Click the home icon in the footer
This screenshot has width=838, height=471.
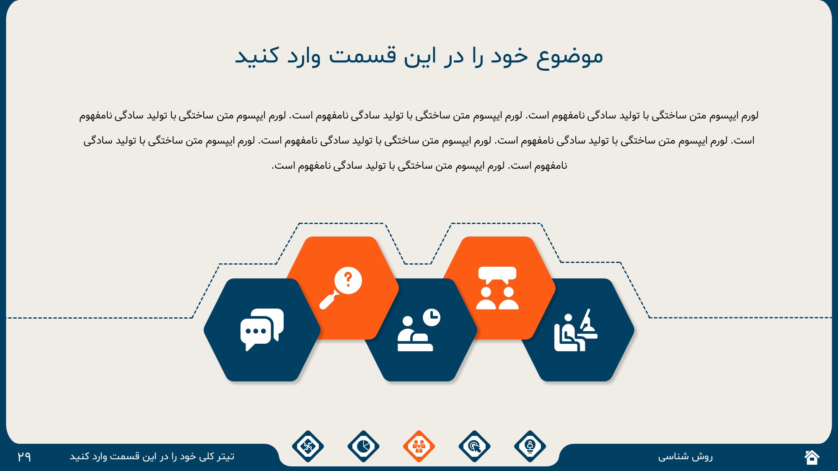tap(812, 457)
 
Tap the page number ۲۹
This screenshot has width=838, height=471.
tap(24, 456)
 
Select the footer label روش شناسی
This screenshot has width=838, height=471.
tap(685, 456)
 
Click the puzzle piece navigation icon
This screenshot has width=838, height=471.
tap(308, 446)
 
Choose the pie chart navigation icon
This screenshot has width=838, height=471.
tap(363, 446)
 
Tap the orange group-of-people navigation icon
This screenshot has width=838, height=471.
tap(419, 446)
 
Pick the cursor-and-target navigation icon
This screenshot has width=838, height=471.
tap(474, 446)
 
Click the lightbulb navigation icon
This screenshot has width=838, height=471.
tap(530, 446)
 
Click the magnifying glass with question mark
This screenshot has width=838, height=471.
tap(340, 288)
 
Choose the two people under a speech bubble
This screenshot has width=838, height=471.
tap(497, 288)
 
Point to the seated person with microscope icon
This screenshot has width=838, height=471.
tap(576, 330)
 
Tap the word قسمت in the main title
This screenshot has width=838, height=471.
tap(362, 56)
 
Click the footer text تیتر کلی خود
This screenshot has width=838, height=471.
tap(203, 456)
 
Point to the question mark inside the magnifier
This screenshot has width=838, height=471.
tap(348, 279)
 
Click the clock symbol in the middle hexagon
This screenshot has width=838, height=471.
tap(432, 317)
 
